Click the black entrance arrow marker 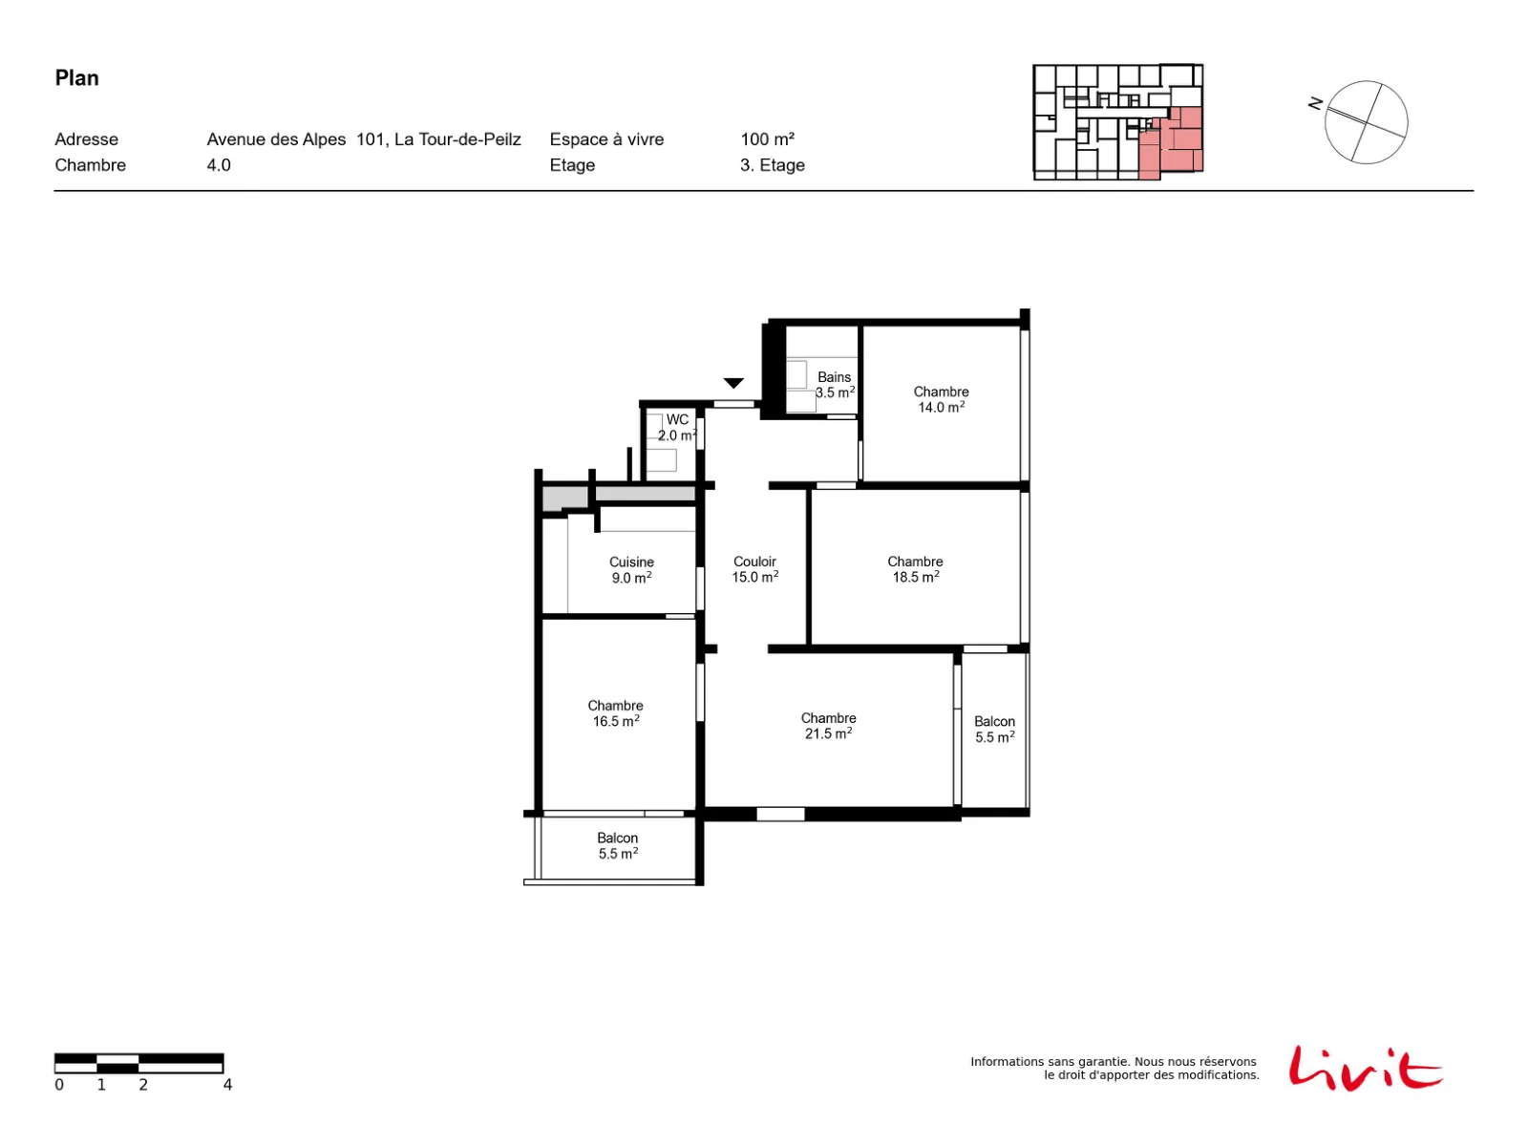pos(733,383)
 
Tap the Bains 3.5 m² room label pos(834,385)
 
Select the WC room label pos(677,427)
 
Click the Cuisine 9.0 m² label pos(631,570)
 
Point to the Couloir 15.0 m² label pos(754,569)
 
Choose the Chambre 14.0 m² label pos(941,399)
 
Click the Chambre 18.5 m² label pos(915,569)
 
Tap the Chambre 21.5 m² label pos(828,726)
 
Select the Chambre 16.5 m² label pos(615,713)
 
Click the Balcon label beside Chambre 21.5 pos(994,730)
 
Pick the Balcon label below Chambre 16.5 pos(618,845)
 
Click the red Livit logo pos(1365,1068)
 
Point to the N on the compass pos(1314,103)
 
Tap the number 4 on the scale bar pos(227,1085)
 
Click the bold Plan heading pos(76,78)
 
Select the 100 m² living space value pos(767,139)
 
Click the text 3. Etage pos(772,165)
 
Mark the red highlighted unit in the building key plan pos(1171,142)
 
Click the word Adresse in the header pos(86,139)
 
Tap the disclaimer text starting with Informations pos(1114,1068)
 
